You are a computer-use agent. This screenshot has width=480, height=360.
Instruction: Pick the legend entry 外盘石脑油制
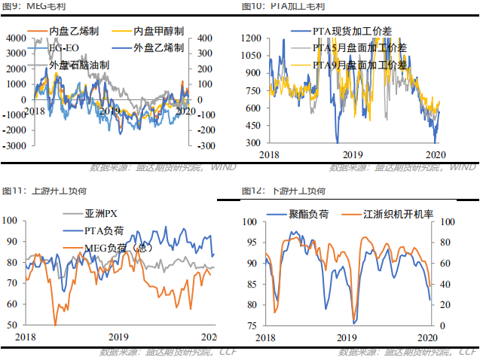(x=79, y=66)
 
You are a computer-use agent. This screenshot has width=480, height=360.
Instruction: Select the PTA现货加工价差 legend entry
(x=355, y=32)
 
